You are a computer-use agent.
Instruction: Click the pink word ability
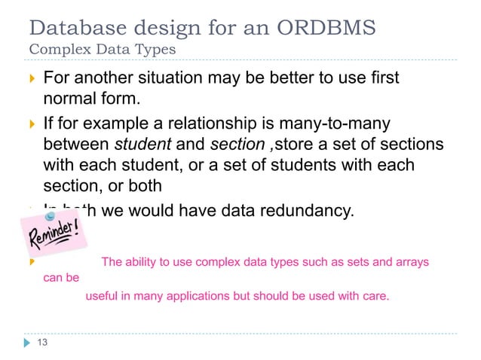[x=141, y=262]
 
